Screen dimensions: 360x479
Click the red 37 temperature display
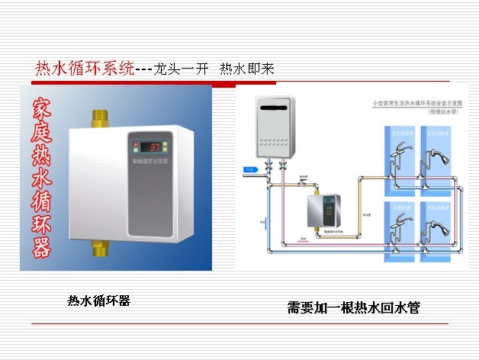click(153, 146)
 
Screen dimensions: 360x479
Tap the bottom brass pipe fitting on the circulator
click(98, 248)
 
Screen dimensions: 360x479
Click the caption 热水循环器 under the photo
click(99, 301)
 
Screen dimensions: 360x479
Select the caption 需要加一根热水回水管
click(353, 308)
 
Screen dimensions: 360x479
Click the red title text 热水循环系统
click(84, 69)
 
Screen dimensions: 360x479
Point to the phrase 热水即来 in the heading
click(246, 69)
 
